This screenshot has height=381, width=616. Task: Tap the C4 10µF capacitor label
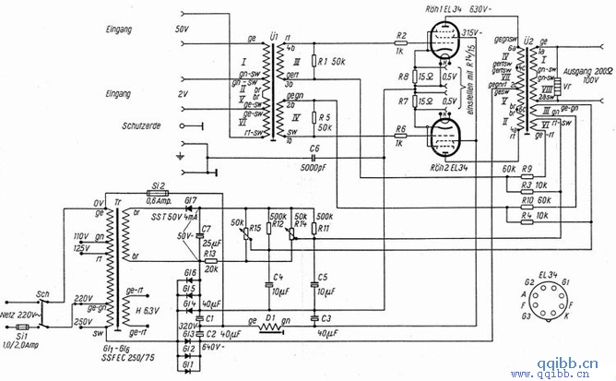pyautogui.click(x=279, y=285)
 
